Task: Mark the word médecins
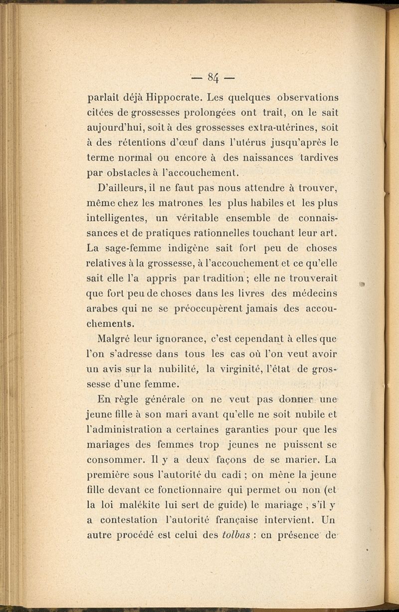point(313,293)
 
